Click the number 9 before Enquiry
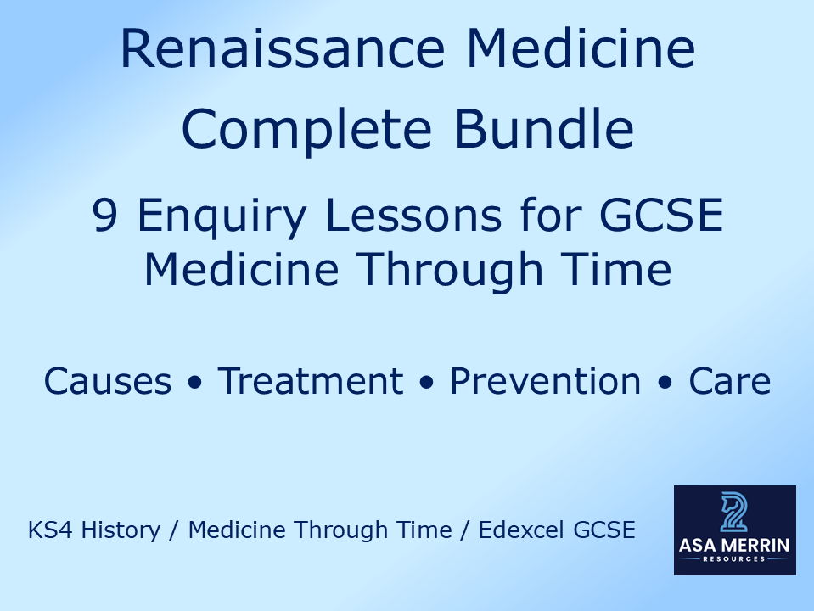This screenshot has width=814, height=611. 105,218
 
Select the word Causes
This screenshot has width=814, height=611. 107,382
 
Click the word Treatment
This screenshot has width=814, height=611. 310,382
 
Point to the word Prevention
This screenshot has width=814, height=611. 545,382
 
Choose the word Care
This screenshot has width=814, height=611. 729,382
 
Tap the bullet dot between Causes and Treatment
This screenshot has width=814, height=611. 197,384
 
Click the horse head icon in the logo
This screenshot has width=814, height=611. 734,513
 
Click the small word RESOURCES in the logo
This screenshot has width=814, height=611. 735,559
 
